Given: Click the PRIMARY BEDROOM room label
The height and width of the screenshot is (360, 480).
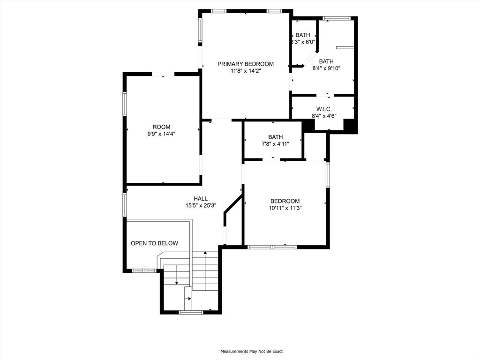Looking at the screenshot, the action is coord(246,64).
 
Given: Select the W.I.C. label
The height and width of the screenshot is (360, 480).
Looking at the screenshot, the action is coord(324,109).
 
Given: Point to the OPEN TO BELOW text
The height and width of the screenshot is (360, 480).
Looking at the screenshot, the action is coord(154,243).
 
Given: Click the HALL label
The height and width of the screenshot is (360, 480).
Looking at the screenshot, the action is coord(201,199).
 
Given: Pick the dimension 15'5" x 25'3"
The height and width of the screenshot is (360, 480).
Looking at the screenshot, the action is coord(201,206).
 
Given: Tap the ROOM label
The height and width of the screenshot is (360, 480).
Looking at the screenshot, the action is coord(161,127).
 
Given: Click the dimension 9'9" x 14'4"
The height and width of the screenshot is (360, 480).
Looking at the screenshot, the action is coord(161,134).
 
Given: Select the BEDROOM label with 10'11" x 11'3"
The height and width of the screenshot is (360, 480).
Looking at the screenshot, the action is coord(285,201).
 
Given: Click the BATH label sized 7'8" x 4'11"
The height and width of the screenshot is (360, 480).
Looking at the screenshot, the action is coord(276,137).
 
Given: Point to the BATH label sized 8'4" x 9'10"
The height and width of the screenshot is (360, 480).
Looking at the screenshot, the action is coord(326,61).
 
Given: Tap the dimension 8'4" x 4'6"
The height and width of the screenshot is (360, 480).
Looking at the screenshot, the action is coord(324,116).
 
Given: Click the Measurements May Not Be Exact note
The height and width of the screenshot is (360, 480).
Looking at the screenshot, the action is coord(252,352).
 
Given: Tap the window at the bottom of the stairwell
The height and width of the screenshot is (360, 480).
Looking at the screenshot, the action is coord(191,312).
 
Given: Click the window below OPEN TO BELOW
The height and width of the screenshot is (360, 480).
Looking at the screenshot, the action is coord(143,270).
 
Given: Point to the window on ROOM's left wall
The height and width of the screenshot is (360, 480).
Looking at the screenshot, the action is coord(125,104).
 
